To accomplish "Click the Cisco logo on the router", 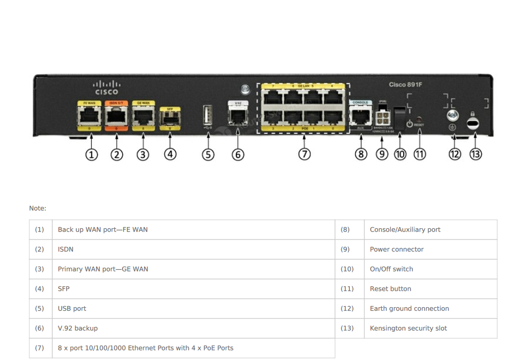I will [106, 87].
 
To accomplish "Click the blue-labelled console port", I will [361, 115].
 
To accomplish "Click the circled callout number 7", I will [304, 154].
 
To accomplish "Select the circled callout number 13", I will [475, 154].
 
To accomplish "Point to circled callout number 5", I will [208, 154].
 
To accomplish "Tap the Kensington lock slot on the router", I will [473, 123].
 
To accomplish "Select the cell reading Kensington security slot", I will [408, 329].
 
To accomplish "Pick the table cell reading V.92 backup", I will [78, 329].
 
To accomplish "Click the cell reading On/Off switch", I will [391, 269].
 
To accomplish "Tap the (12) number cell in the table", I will [347, 309].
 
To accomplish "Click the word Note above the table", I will [37, 209].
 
